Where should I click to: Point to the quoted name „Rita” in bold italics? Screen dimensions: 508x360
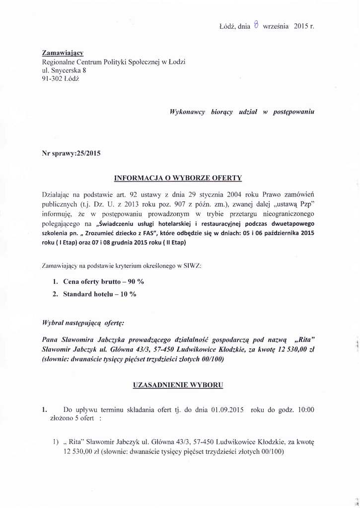[x=305, y=341]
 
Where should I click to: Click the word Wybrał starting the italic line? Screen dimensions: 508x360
[x=55, y=322]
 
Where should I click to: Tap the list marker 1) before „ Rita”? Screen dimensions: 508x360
[x=56, y=441]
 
